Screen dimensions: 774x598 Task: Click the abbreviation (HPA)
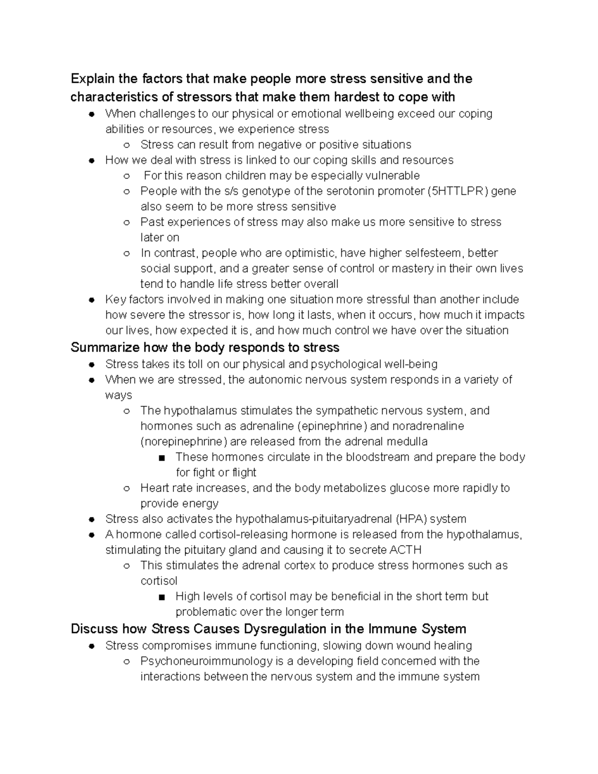coord(411,519)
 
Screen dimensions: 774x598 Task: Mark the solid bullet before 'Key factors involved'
coord(91,300)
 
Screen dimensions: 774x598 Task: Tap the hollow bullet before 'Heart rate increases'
coord(127,488)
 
